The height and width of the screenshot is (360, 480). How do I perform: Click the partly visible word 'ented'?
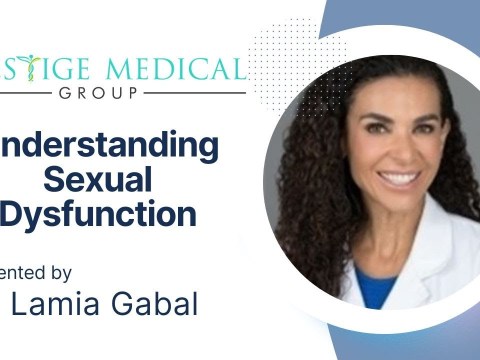(x=22, y=271)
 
